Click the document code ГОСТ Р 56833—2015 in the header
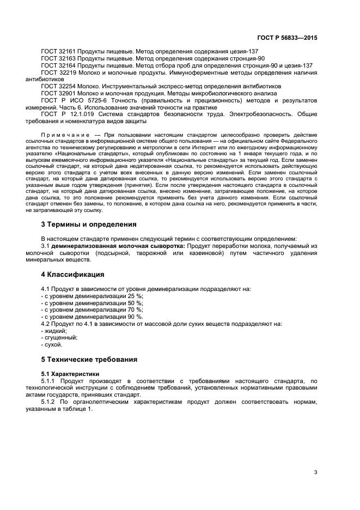click(x=287, y=38)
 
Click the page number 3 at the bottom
click(x=315, y=472)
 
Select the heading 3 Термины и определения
click(x=89, y=224)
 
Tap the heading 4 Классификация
click(x=72, y=274)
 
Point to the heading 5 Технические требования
click(x=89, y=360)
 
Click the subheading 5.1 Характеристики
click(x=70, y=374)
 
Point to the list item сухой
click(x=53, y=345)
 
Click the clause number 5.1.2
click(x=49, y=402)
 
